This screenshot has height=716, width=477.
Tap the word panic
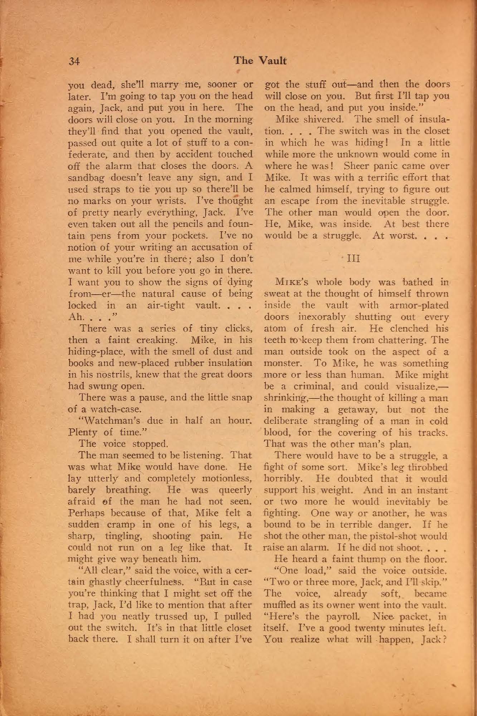[389, 166]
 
